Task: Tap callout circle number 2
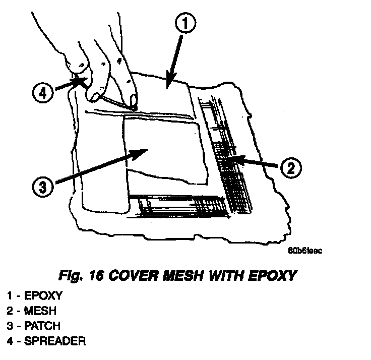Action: pyautogui.click(x=290, y=167)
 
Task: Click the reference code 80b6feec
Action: pyautogui.click(x=305, y=251)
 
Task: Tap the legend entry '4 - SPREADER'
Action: pyautogui.click(x=46, y=341)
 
